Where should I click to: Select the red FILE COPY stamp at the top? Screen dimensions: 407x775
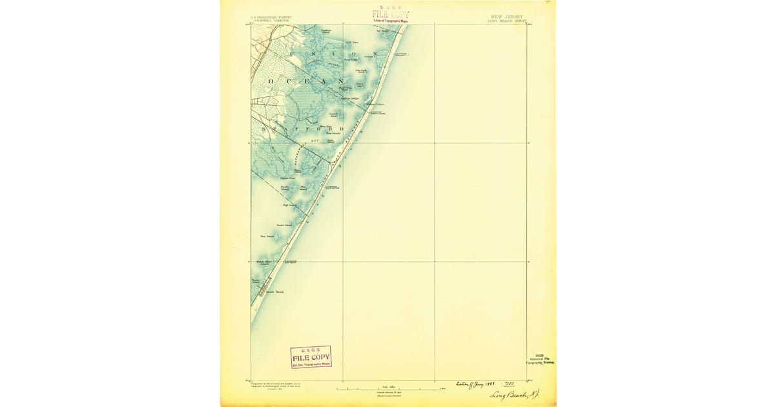(391, 15)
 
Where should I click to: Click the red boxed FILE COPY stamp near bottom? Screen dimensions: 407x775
(311, 357)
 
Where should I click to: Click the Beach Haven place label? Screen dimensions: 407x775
(276, 292)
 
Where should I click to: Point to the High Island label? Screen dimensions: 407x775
(289, 205)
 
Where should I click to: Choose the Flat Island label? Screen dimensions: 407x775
(304, 188)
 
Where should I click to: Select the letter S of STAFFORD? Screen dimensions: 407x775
(264, 129)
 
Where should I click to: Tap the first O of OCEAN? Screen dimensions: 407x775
(271, 81)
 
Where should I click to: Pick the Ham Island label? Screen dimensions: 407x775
(267, 236)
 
